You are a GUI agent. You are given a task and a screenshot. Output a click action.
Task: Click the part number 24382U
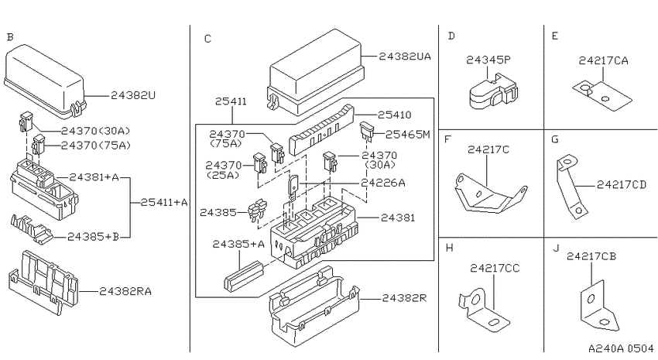coord(133,96)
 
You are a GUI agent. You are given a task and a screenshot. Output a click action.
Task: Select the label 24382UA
coord(405,57)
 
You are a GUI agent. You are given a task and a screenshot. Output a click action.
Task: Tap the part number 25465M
coord(407,134)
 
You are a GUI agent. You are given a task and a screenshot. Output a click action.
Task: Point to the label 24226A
coord(383,183)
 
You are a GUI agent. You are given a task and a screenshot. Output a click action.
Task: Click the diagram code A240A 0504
coord(621,348)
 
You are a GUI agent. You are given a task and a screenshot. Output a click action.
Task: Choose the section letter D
coord(451,36)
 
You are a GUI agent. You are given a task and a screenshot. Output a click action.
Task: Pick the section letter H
coord(450,248)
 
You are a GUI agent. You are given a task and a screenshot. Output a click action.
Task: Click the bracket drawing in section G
coord(569,187)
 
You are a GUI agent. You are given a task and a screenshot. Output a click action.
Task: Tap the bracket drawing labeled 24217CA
coord(602,96)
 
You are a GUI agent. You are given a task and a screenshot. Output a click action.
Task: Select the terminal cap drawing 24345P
coord(492,91)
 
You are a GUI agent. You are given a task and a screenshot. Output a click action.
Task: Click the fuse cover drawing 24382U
coord(44,81)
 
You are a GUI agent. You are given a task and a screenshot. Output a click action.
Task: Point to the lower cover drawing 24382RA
coord(43,282)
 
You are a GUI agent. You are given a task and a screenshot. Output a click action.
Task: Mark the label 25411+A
coord(164,202)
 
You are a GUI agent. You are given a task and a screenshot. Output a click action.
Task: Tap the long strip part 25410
coord(321,130)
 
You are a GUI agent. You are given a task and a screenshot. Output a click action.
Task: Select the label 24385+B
coord(93,237)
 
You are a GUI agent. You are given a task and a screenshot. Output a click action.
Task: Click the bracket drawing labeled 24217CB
coord(599,307)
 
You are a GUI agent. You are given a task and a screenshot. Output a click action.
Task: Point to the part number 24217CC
coord(495,268)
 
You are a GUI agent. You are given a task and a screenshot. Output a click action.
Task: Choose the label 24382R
coord(404,298)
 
